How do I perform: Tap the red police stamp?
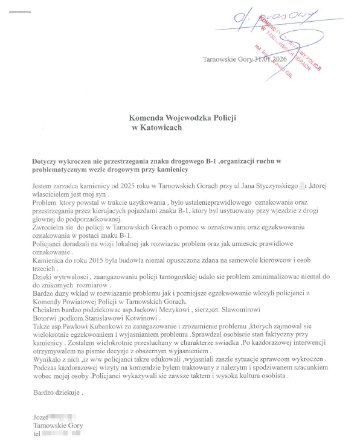point(288,48)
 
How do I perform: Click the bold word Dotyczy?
point(47,162)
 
